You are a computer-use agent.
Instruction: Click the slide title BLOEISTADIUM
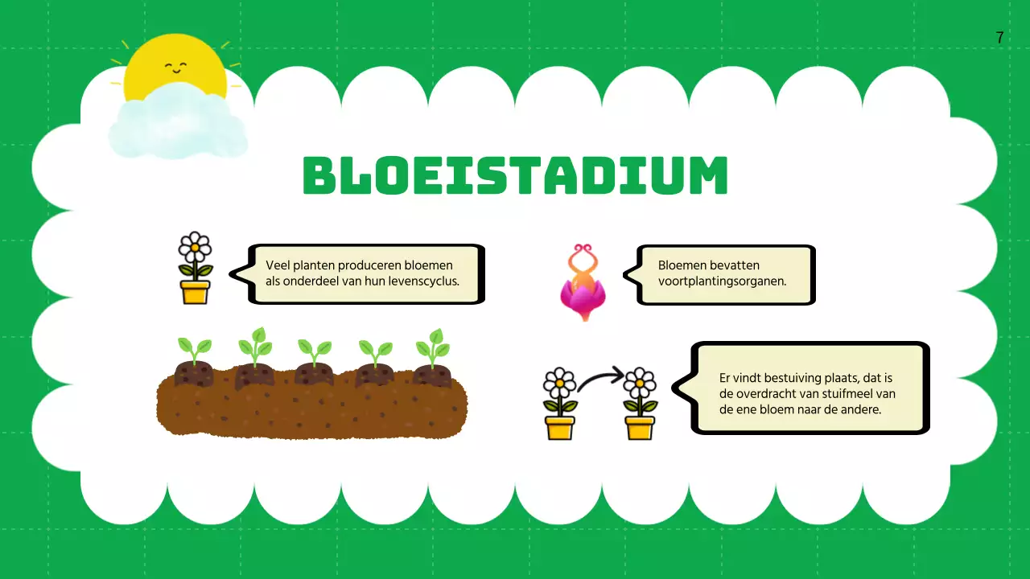click(515, 176)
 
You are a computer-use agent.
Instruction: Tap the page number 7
click(999, 38)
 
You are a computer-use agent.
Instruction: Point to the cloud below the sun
click(178, 123)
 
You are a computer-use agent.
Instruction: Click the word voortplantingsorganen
click(722, 281)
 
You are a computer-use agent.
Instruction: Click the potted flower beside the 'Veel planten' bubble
click(195, 268)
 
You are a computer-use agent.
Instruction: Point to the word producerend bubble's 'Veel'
click(278, 265)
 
